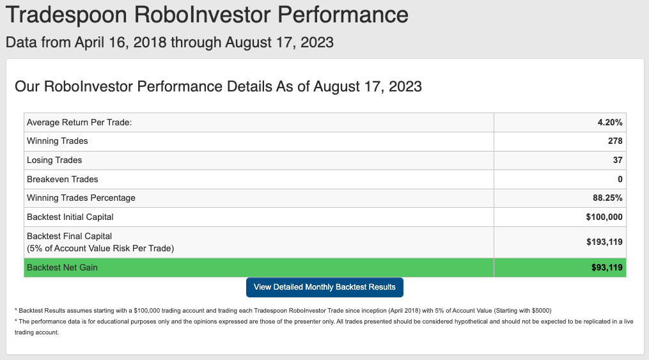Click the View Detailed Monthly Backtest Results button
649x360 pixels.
pyautogui.click(x=325, y=287)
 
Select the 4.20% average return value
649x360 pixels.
pyautogui.click(x=610, y=123)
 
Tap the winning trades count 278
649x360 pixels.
pyautogui.click(x=615, y=141)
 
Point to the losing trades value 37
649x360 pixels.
pyautogui.click(x=618, y=160)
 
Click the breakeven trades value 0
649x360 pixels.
pyautogui.click(x=620, y=179)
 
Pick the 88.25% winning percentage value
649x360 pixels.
pyautogui.click(x=607, y=198)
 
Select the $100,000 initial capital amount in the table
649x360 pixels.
pyautogui.click(x=604, y=217)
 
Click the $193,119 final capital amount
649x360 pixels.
pyautogui.click(x=604, y=242)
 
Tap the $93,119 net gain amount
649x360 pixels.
pyautogui.click(x=607, y=267)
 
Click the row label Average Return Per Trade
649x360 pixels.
pyautogui.click(x=79, y=123)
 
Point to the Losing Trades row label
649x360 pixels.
pyautogui.click(x=54, y=160)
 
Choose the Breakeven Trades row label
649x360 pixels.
pyautogui.click(x=63, y=179)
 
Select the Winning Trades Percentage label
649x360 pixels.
pyautogui.click(x=81, y=198)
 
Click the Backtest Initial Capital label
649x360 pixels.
pyautogui.click(x=70, y=217)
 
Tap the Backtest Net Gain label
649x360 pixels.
pyautogui.click(x=62, y=267)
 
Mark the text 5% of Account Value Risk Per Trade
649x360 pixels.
pyautogui.click(x=100, y=248)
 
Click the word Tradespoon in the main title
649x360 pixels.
pyautogui.click(x=66, y=15)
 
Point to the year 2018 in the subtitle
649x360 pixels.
pyautogui.click(x=150, y=42)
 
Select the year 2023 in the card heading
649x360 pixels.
pyautogui.click(x=405, y=86)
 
